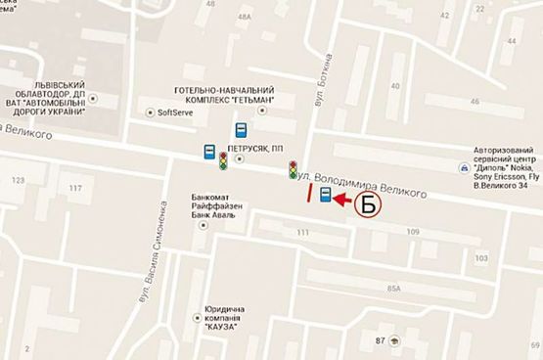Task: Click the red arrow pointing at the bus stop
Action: (x=340, y=200)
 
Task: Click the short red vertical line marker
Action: (x=309, y=192)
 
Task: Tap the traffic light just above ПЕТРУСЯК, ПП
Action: (x=223, y=160)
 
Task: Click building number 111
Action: (x=302, y=232)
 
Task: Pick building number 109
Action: (x=413, y=231)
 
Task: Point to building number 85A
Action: (x=394, y=289)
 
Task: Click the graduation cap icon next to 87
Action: (x=393, y=339)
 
